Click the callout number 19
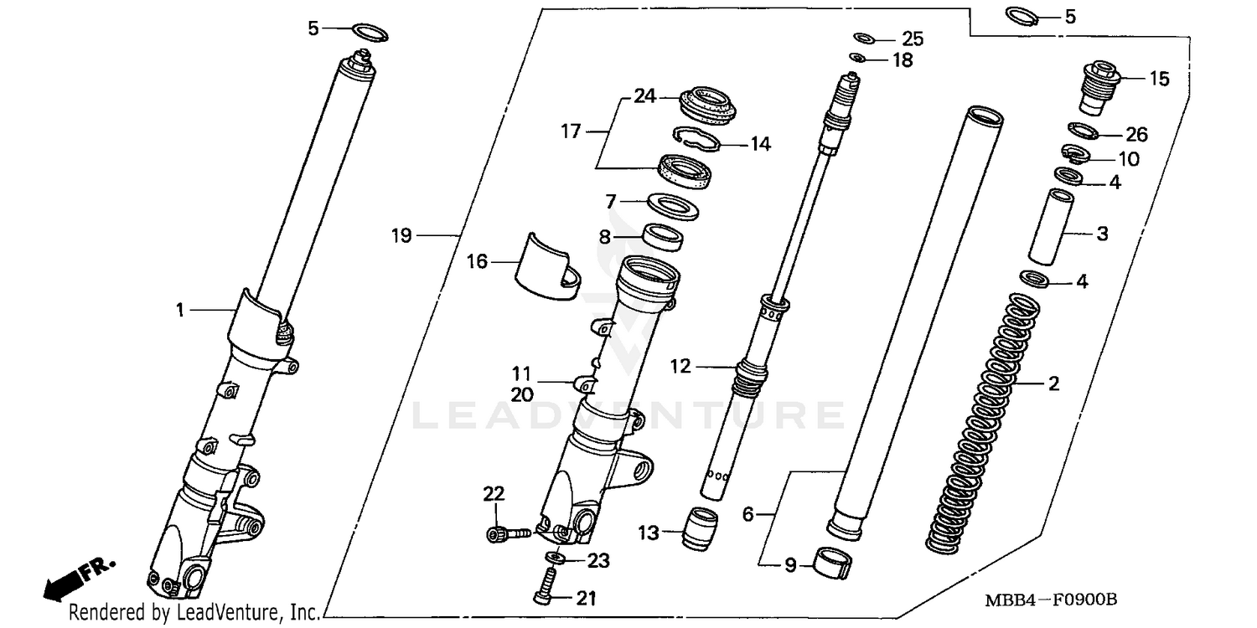point(401,236)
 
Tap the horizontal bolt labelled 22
point(506,532)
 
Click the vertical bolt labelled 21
point(546,584)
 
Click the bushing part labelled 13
point(701,529)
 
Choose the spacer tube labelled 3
point(1049,226)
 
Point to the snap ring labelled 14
point(700,139)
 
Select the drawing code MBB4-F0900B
point(1063,600)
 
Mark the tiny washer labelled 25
point(865,38)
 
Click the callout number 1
point(179,310)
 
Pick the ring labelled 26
point(1084,131)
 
